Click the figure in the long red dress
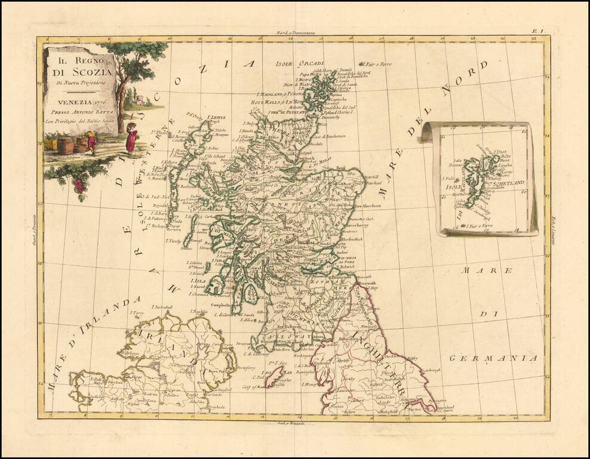131,138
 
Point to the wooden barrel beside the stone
65,145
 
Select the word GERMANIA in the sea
494,358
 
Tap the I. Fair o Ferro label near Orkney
377,64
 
